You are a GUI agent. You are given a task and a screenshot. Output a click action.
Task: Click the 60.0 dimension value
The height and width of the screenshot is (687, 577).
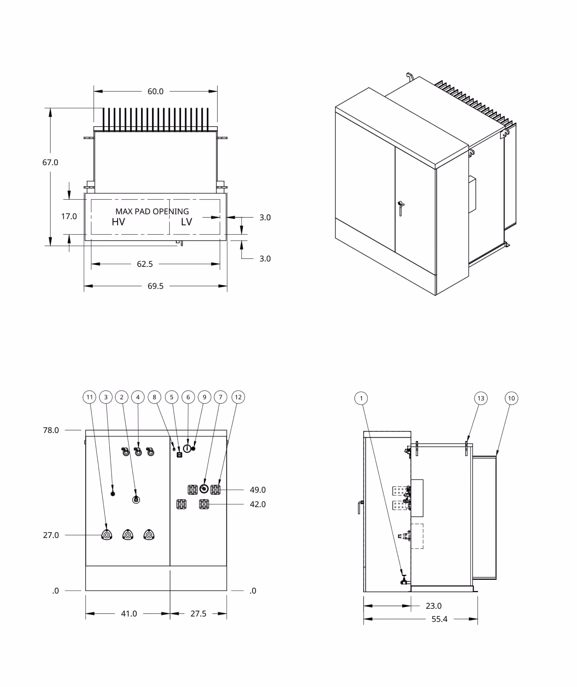tap(155, 91)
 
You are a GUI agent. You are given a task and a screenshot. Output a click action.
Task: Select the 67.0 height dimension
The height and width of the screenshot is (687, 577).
tap(50, 162)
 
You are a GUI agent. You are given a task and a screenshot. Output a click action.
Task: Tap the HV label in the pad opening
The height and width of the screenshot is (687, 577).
tap(118, 222)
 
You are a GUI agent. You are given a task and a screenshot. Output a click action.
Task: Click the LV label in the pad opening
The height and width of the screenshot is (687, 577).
tap(186, 222)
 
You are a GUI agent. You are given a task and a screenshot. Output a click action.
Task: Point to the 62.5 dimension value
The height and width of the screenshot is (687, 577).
tap(145, 264)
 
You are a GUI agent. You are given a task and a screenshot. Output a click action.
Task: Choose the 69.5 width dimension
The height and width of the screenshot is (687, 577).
tap(155, 286)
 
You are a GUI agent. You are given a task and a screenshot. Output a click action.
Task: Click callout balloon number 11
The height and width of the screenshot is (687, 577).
tap(89, 397)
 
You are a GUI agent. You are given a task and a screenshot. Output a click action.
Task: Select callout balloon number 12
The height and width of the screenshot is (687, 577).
tap(238, 397)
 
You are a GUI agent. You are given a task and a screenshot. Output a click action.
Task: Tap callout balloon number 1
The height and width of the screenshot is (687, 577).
tap(361, 399)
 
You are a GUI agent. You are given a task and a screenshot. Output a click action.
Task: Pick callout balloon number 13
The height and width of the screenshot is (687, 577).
tap(481, 399)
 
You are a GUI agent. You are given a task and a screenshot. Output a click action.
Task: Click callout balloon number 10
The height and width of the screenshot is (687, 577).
tap(511, 399)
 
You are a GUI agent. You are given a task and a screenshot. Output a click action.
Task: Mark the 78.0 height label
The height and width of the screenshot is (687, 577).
tap(51, 430)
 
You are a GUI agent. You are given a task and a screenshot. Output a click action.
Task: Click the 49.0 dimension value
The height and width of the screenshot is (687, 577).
tap(257, 490)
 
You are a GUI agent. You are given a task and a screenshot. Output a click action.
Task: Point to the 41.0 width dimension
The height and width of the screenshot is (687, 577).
tap(129, 614)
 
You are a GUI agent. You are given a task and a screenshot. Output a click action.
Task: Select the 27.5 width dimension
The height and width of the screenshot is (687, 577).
tap(198, 614)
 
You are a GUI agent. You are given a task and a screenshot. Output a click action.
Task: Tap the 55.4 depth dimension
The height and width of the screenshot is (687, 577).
tap(439, 619)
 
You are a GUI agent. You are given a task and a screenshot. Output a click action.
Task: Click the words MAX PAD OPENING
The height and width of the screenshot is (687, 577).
tap(152, 211)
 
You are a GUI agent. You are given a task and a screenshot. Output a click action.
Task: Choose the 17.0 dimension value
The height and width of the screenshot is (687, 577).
tap(69, 216)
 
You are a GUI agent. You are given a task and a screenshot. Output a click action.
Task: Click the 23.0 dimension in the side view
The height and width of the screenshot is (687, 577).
tap(434, 606)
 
